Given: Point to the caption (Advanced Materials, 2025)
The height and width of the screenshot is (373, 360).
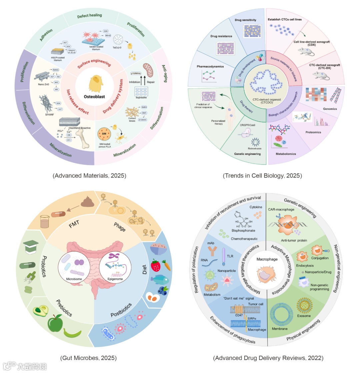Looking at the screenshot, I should coord(89,175).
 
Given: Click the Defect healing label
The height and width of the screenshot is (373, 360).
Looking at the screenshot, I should coord(89,15).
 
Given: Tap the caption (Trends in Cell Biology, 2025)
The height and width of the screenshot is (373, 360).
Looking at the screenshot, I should coord(262,175).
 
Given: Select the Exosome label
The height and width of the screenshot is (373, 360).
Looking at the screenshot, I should coord(304,315).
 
